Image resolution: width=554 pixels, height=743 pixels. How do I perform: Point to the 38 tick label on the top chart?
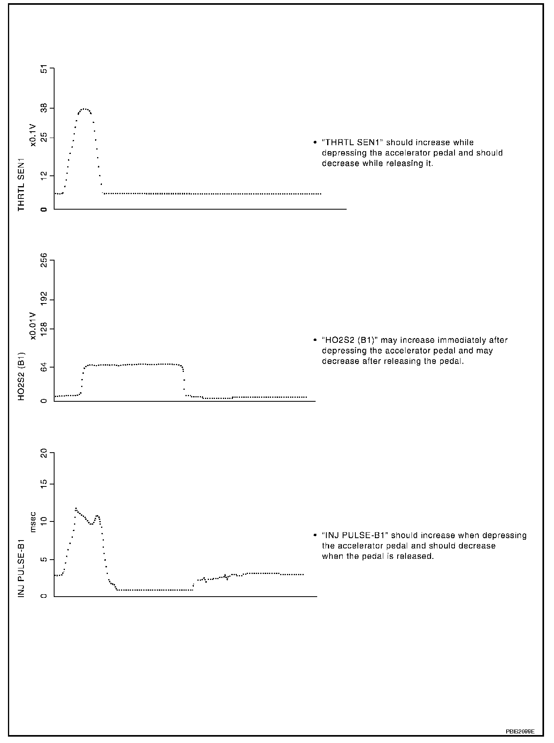click(x=44, y=108)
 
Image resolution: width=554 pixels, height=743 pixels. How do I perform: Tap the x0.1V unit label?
click(x=33, y=135)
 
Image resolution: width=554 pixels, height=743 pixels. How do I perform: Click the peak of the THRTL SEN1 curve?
click(x=84, y=109)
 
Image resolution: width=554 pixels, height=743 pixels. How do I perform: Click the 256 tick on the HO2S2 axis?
click(x=44, y=261)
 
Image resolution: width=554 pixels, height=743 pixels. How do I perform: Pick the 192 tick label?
click(x=44, y=299)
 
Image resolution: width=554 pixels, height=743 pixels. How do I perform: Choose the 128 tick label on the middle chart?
click(x=44, y=329)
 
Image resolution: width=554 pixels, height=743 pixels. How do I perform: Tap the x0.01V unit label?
click(x=33, y=326)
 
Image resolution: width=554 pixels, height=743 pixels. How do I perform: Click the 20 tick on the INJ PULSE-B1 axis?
click(x=44, y=453)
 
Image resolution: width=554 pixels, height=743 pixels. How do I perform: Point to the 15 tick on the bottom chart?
click(x=44, y=484)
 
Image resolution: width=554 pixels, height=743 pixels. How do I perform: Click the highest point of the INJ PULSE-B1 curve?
click(x=76, y=508)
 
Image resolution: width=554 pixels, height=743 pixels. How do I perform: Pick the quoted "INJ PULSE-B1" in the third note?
click(x=355, y=535)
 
